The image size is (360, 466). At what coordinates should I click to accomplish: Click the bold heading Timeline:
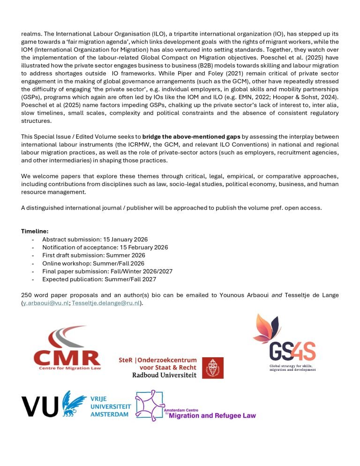[x=34, y=231]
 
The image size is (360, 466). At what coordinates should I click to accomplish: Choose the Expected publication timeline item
[x=101, y=279]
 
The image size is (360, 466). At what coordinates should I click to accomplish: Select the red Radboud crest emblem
[x=212, y=368]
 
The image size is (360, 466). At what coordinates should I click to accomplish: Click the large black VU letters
[x=41, y=406]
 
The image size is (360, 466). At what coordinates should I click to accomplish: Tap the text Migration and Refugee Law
[x=212, y=415]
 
